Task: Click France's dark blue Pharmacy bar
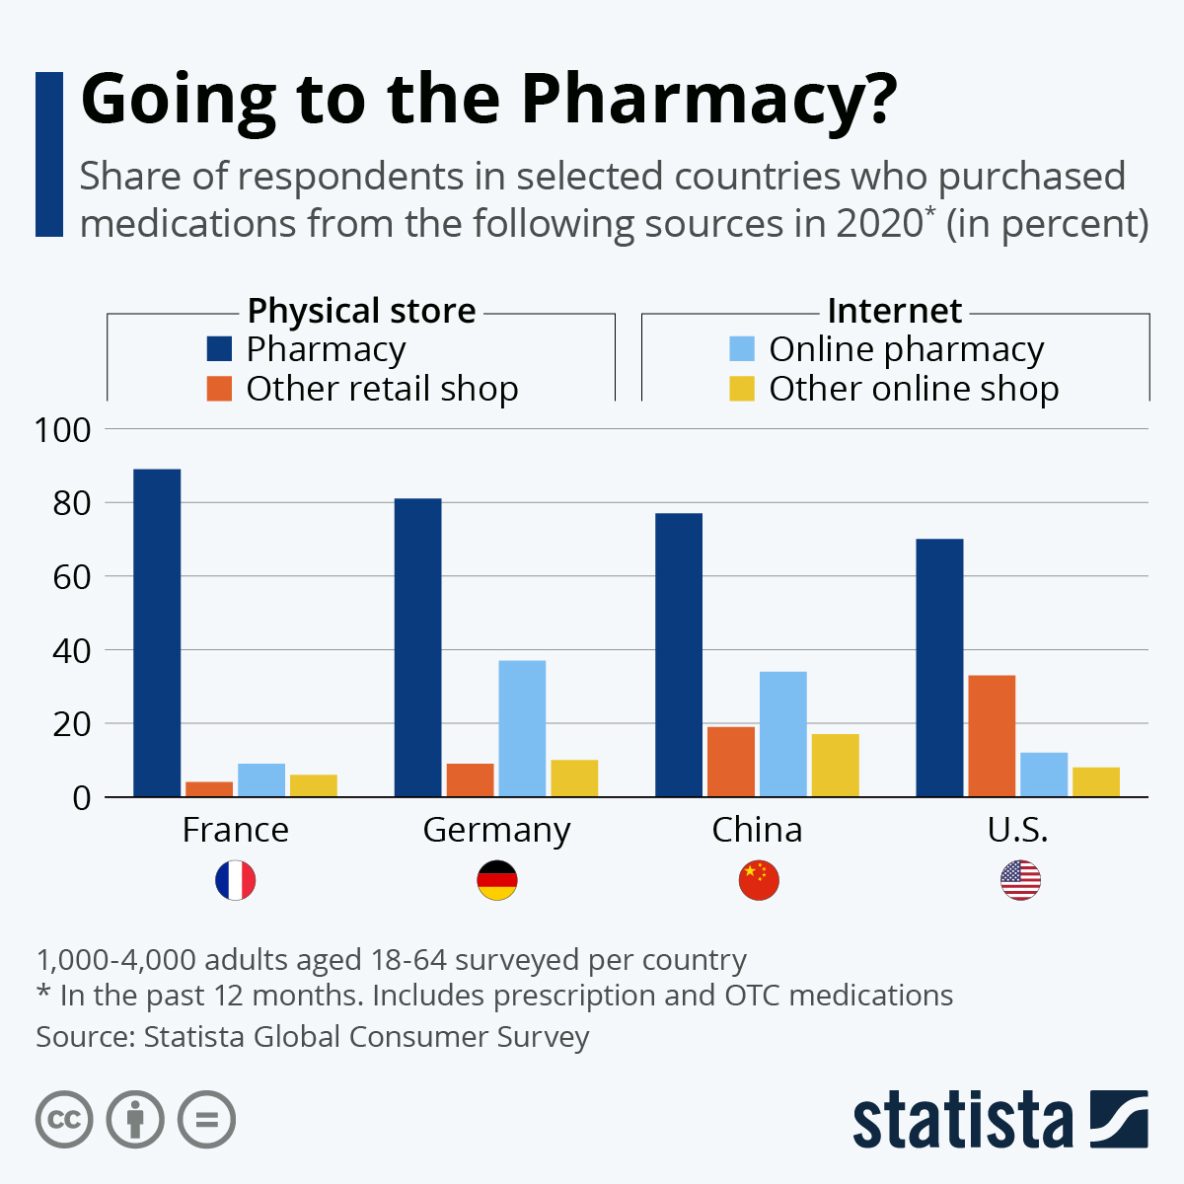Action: click(x=157, y=632)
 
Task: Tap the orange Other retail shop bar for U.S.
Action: click(x=992, y=735)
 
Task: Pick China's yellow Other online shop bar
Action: click(x=836, y=765)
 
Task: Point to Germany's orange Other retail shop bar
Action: click(x=470, y=779)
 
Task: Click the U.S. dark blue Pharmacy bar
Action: click(x=939, y=667)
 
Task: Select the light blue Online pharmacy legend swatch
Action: click(x=742, y=349)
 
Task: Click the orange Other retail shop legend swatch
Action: click(x=219, y=389)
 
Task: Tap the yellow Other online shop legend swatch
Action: click(x=742, y=389)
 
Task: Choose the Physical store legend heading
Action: click(x=361, y=311)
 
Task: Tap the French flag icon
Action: click(x=236, y=880)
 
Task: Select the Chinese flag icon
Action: click(x=759, y=880)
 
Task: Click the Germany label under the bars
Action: click(x=496, y=831)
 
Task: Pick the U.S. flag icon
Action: click(x=1020, y=880)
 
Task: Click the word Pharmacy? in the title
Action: click(x=709, y=99)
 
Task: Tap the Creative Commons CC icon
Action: click(x=64, y=1120)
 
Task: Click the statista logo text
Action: click(x=962, y=1120)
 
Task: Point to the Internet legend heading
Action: click(x=894, y=311)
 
